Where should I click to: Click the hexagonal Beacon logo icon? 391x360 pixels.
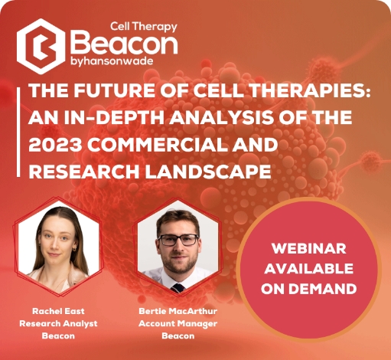[x=41, y=46]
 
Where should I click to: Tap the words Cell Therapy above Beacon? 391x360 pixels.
[x=144, y=27]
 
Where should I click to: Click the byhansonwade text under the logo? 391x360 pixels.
[x=112, y=61]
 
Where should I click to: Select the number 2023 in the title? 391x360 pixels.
[x=55, y=144]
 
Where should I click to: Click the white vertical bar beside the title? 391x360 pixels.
[x=18, y=132]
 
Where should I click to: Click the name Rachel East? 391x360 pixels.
[x=58, y=311]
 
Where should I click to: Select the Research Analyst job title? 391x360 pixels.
[x=58, y=323]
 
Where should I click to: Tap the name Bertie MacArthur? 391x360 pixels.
[x=178, y=311]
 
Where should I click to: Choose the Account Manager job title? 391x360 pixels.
[x=178, y=323]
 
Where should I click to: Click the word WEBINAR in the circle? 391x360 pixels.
[x=309, y=249]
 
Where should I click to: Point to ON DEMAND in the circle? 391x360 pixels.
[x=309, y=289]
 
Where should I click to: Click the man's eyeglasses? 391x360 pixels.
[x=178, y=240]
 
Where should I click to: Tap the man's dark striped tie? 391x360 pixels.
[x=178, y=288]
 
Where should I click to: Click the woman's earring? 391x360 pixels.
[x=74, y=249]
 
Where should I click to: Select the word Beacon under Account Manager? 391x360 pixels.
[x=178, y=335]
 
